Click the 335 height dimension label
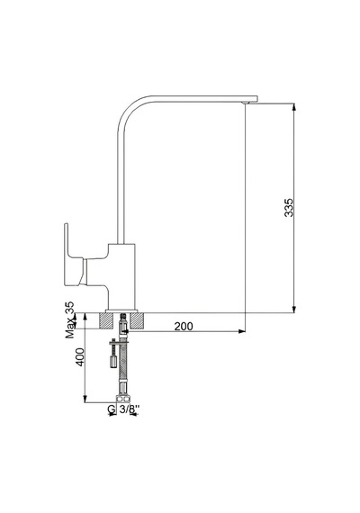coord(289,207)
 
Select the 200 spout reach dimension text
coord(184,326)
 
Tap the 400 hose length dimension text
coord(80,356)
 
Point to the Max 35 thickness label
coord(69,319)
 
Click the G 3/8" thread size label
coord(123,409)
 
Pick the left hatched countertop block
coord(105,320)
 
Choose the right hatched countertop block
coord(137,320)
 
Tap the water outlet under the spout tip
coord(246,103)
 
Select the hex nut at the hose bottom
coord(123,399)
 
